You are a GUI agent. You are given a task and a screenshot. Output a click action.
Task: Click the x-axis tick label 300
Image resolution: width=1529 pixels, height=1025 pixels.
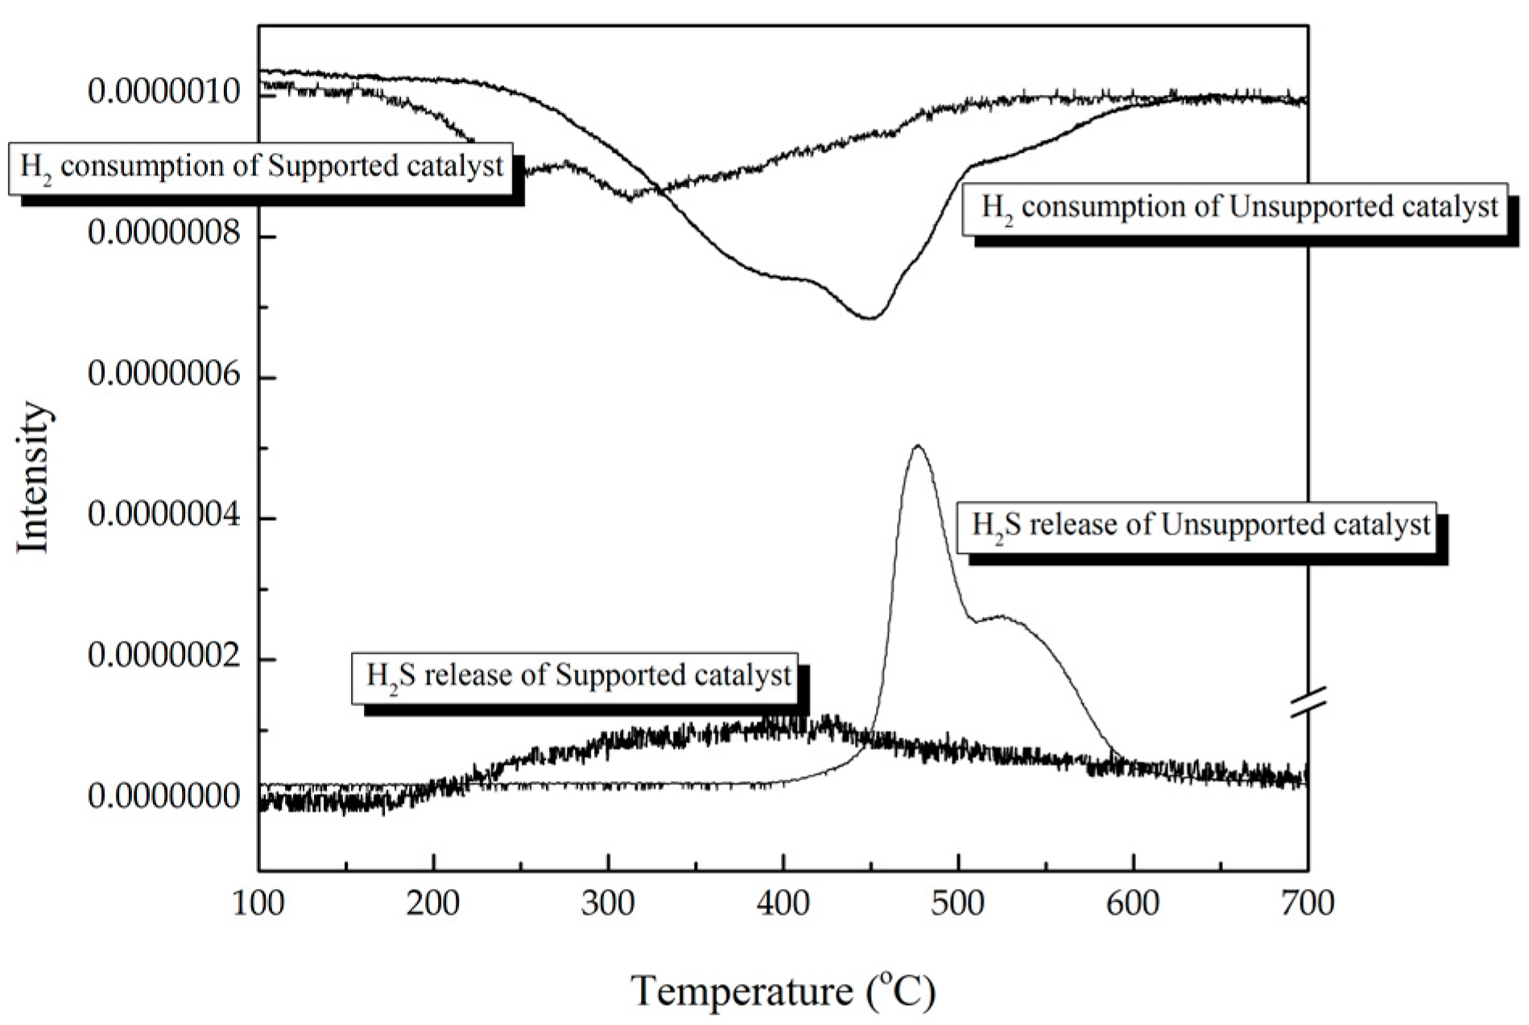click(x=609, y=903)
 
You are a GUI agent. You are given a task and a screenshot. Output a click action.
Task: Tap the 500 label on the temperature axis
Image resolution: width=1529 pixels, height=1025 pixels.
click(x=958, y=903)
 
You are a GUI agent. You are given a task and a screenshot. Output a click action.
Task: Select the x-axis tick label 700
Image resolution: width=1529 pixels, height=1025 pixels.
click(x=1307, y=903)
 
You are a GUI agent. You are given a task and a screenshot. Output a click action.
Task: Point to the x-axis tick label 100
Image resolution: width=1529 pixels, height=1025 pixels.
click(x=258, y=903)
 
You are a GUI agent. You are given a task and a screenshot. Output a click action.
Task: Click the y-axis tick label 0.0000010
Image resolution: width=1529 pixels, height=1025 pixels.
click(x=163, y=93)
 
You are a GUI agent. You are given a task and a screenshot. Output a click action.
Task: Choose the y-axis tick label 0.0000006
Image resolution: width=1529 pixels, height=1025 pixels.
click(x=163, y=374)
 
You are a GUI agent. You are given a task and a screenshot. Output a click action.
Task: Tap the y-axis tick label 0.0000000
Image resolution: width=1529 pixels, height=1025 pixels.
click(x=163, y=797)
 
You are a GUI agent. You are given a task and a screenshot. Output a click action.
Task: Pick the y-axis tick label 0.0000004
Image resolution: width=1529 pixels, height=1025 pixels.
click(x=163, y=515)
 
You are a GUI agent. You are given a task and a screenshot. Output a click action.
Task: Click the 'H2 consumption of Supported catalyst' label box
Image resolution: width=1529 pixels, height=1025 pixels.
click(x=261, y=167)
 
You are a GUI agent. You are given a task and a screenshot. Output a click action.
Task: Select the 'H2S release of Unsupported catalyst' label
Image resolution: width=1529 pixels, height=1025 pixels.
click(x=1196, y=527)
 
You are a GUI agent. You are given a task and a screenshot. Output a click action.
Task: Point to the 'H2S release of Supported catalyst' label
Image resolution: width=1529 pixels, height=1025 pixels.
click(x=575, y=676)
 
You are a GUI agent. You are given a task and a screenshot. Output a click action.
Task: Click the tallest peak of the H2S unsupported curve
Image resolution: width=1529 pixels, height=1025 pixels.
click(x=917, y=446)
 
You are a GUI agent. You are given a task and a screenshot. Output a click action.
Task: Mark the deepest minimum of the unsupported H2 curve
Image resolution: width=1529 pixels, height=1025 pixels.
click(x=870, y=318)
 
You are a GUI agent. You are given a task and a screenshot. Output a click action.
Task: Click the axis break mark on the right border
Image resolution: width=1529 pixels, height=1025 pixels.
click(x=1308, y=701)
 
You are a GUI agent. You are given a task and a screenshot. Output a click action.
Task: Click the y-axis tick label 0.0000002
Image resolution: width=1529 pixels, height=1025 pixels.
click(x=163, y=656)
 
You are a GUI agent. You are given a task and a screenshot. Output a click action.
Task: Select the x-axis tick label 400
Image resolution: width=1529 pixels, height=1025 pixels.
click(x=783, y=903)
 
